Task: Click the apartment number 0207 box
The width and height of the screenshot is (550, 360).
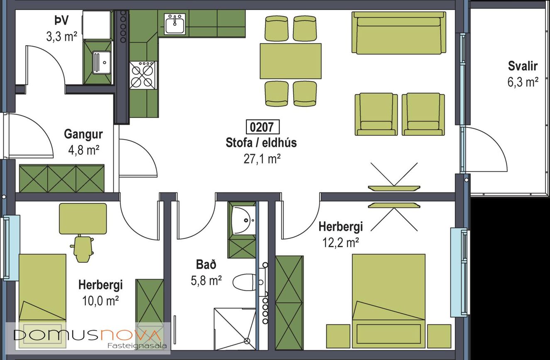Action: click(263, 127)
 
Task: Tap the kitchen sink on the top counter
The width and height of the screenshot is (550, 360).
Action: click(174, 24)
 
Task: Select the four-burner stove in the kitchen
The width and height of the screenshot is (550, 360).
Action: click(142, 75)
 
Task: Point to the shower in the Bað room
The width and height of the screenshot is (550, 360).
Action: click(235, 329)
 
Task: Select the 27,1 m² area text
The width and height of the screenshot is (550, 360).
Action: click(262, 159)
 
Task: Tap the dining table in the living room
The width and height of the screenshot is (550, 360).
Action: click(291, 61)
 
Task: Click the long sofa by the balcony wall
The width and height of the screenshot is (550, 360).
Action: click(399, 33)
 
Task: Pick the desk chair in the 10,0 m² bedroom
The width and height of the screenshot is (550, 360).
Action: click(82, 248)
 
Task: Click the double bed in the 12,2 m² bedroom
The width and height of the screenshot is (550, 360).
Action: click(389, 301)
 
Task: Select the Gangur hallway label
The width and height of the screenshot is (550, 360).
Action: click(83, 135)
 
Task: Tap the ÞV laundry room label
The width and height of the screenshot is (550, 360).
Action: click(61, 20)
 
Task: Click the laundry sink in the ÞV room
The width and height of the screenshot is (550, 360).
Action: click(102, 62)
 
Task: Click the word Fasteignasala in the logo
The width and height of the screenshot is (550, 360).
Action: click(137, 345)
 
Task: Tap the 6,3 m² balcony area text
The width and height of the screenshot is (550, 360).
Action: click(523, 82)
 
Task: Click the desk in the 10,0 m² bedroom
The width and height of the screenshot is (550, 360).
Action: click(83, 219)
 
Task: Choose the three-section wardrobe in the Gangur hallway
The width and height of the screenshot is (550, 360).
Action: click(61, 179)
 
